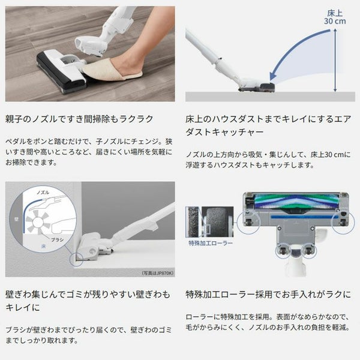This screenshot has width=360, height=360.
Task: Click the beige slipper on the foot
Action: pos(112,70)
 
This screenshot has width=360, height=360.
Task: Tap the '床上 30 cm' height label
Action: pos(335,17)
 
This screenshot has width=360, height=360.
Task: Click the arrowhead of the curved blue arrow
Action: pos(273,76)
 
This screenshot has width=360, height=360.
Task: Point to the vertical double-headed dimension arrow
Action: pos(335,60)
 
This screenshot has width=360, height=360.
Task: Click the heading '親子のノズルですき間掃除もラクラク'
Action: pos(79,119)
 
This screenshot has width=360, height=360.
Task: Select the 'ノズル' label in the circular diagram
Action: pos(43,192)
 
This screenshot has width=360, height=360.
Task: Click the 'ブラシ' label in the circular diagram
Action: pos(57,239)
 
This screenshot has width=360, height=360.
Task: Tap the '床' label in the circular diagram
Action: pos(43,247)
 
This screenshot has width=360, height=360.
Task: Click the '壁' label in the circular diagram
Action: pos(16,219)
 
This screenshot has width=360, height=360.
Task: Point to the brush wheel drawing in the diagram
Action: pos(38,222)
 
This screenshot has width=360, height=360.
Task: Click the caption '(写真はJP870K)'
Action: pos(157,273)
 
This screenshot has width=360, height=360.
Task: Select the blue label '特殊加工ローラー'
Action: pos(211,243)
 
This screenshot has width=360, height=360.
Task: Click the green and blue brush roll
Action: pos(296,202)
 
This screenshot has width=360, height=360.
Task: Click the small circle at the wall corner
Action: pos(76,259)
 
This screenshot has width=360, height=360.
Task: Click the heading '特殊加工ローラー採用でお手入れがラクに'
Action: pos(268,295)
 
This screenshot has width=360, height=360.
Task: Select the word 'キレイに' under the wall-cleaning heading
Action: pos(23,307)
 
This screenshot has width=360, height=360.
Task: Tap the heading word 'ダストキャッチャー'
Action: pos(224,132)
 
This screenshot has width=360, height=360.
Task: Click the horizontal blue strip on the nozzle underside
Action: pos(304,217)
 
